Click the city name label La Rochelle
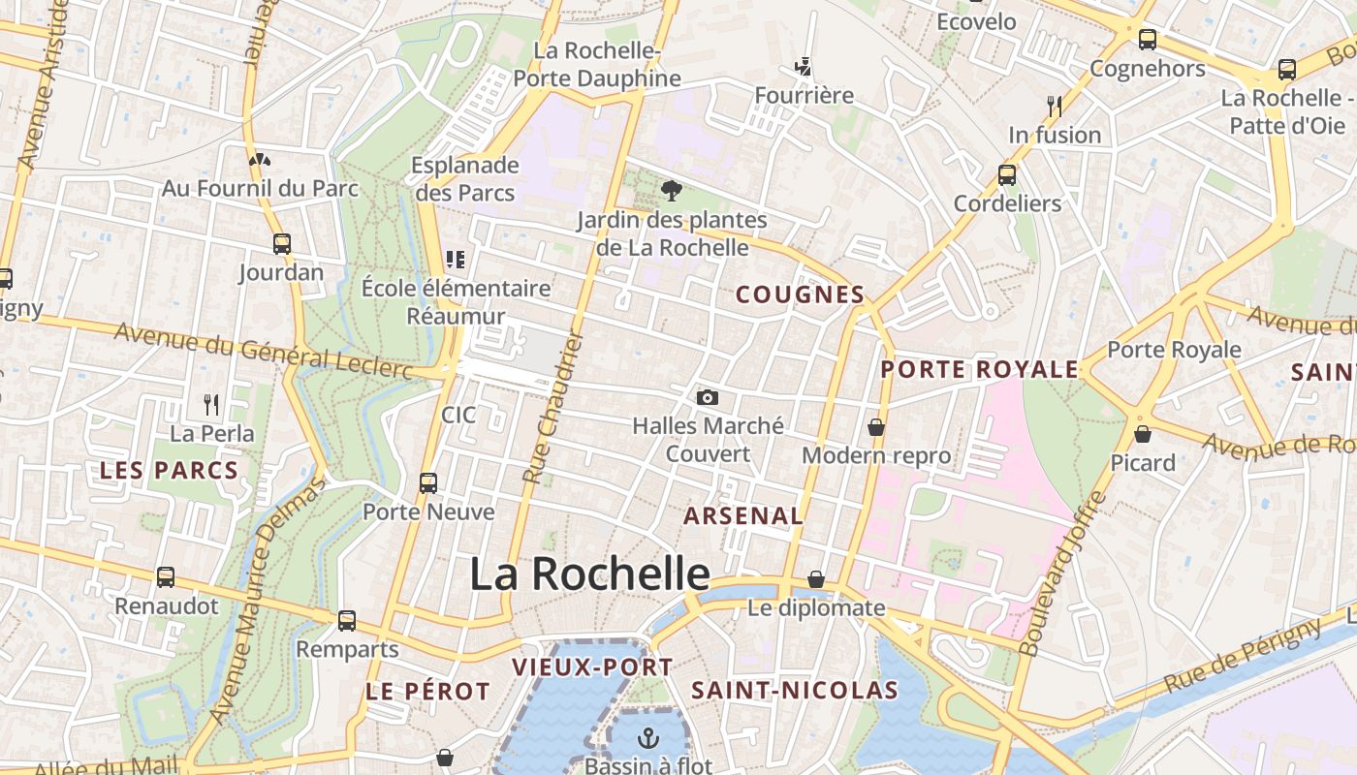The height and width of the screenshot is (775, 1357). point(589,573)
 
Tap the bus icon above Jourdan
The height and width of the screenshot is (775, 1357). point(282,244)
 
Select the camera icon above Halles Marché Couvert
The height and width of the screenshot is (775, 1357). point(708,397)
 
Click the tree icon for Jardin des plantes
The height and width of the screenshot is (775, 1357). point(670,191)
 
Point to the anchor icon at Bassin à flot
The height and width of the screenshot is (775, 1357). point(647,738)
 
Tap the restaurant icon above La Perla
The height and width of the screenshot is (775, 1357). point(211,404)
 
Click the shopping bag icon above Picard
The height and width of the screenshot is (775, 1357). point(1143,434)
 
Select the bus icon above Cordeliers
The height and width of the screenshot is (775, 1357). point(1007,175)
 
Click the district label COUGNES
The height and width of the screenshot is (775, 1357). point(800,294)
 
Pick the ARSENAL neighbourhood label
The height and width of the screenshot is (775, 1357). point(743,515)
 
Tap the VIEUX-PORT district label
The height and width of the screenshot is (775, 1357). point(591,666)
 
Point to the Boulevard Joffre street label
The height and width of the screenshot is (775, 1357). point(1063,573)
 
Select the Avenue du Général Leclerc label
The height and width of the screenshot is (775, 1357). point(264,351)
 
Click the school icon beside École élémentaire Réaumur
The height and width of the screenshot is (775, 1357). point(455,259)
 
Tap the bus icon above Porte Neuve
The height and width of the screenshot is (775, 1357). point(428,482)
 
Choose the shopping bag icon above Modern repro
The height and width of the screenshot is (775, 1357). point(876,426)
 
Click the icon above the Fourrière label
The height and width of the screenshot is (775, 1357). point(803,67)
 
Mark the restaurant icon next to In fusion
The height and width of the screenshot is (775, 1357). point(1055,106)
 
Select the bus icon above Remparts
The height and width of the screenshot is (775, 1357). point(347,621)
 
